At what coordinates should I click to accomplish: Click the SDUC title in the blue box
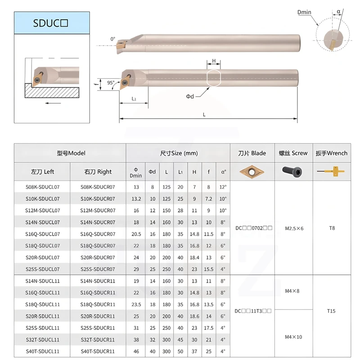[50, 23]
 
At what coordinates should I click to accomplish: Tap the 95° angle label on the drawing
[111, 82]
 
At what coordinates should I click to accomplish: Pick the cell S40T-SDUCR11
[98, 351]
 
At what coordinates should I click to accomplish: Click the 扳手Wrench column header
[332, 153]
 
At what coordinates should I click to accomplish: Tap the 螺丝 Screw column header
[293, 153]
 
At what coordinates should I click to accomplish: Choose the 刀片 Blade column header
[252, 153]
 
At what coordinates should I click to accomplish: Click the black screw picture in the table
[292, 171]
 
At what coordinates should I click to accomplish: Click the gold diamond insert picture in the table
[252, 171]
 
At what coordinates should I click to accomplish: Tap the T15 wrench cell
[332, 311]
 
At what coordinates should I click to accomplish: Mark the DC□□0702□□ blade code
[253, 228]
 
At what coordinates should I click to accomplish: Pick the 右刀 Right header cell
[98, 171]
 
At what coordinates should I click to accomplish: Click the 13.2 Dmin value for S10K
[136, 198]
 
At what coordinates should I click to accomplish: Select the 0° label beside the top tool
[112, 39]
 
